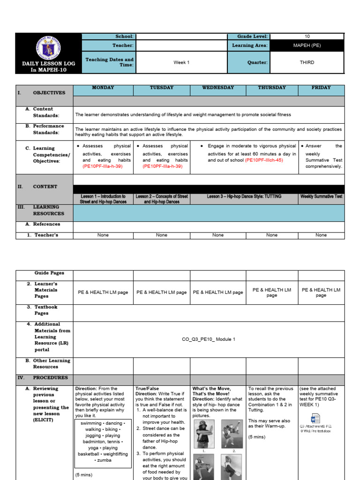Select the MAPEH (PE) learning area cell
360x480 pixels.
pyautogui.click(x=307, y=45)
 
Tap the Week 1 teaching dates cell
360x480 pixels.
pyautogui.click(x=181, y=62)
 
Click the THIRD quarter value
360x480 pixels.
pyautogui.click(x=307, y=62)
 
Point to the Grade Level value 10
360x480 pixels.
pyautogui.click(x=307, y=37)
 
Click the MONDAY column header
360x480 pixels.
pyautogui.click(x=103, y=88)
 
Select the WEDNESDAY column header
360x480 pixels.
pyautogui.click(x=218, y=88)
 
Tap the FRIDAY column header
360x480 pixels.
pyautogui.click(x=321, y=88)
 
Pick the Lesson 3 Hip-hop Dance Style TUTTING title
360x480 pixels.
pyautogui.click(x=244, y=196)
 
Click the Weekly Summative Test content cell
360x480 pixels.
pyautogui.click(x=321, y=196)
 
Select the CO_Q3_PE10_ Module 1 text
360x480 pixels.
pyautogui.click(x=209, y=339)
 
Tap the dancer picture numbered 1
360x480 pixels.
pyautogui.click(x=204, y=433)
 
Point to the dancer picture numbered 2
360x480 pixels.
pyautogui.click(x=232, y=433)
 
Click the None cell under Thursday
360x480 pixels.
pyautogui.click(x=272, y=235)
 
